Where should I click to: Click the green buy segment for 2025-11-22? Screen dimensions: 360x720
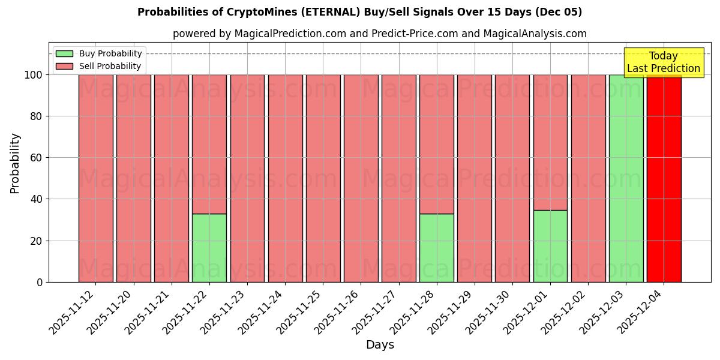tap(209, 248)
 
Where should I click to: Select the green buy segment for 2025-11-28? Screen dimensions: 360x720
tap(437, 248)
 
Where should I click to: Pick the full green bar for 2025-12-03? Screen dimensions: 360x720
tap(626, 178)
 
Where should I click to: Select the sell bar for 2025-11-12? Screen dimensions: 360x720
tap(96, 178)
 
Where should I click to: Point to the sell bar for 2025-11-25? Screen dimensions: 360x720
tap(323, 178)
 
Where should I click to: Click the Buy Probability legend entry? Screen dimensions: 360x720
tap(99, 53)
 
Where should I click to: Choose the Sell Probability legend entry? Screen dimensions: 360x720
tap(99, 66)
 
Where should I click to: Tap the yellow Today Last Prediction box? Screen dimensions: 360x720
tap(663, 62)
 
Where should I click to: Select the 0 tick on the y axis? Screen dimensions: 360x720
tap(40, 282)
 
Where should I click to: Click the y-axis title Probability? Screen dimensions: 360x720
tap(15, 163)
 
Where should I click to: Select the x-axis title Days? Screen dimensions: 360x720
tap(380, 345)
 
